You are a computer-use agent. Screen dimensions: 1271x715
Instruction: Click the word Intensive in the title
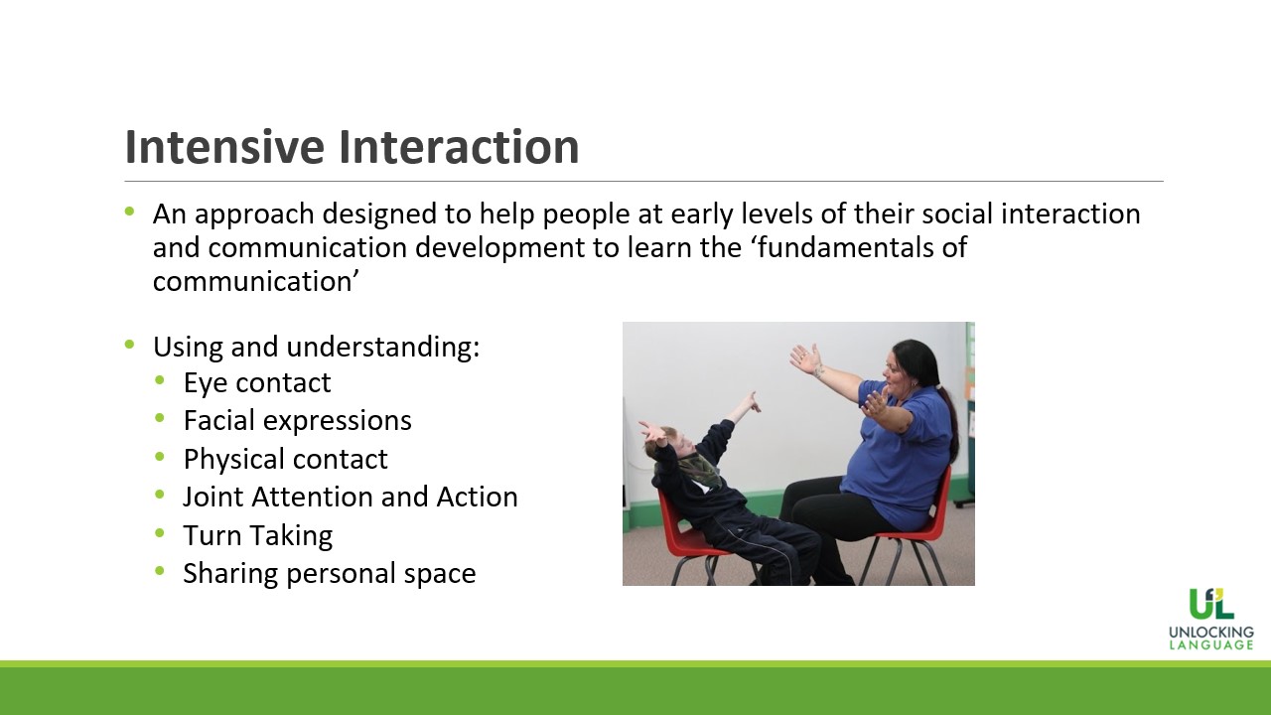pyautogui.click(x=224, y=146)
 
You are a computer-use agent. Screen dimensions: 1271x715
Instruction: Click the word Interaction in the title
pyautogui.click(x=459, y=146)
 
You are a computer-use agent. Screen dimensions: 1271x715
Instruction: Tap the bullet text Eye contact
pyautogui.click(x=257, y=383)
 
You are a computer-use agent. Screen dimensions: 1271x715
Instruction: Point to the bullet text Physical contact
pyautogui.click(x=285, y=460)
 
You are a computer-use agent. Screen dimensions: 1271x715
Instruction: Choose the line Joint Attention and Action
pyautogui.click(x=351, y=498)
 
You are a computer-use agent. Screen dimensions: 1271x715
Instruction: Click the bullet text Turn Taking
pyautogui.click(x=257, y=535)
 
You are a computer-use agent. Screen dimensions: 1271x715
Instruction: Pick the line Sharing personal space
pyautogui.click(x=329, y=574)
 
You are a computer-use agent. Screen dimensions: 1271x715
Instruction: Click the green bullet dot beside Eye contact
pyautogui.click(x=160, y=380)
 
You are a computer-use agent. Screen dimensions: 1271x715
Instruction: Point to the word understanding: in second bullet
pyautogui.click(x=383, y=348)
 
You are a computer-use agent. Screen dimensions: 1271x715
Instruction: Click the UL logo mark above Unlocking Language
pyautogui.click(x=1211, y=603)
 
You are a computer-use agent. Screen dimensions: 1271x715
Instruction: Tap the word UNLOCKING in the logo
pyautogui.click(x=1211, y=633)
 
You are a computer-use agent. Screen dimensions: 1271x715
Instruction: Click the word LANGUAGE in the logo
pyautogui.click(x=1211, y=645)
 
